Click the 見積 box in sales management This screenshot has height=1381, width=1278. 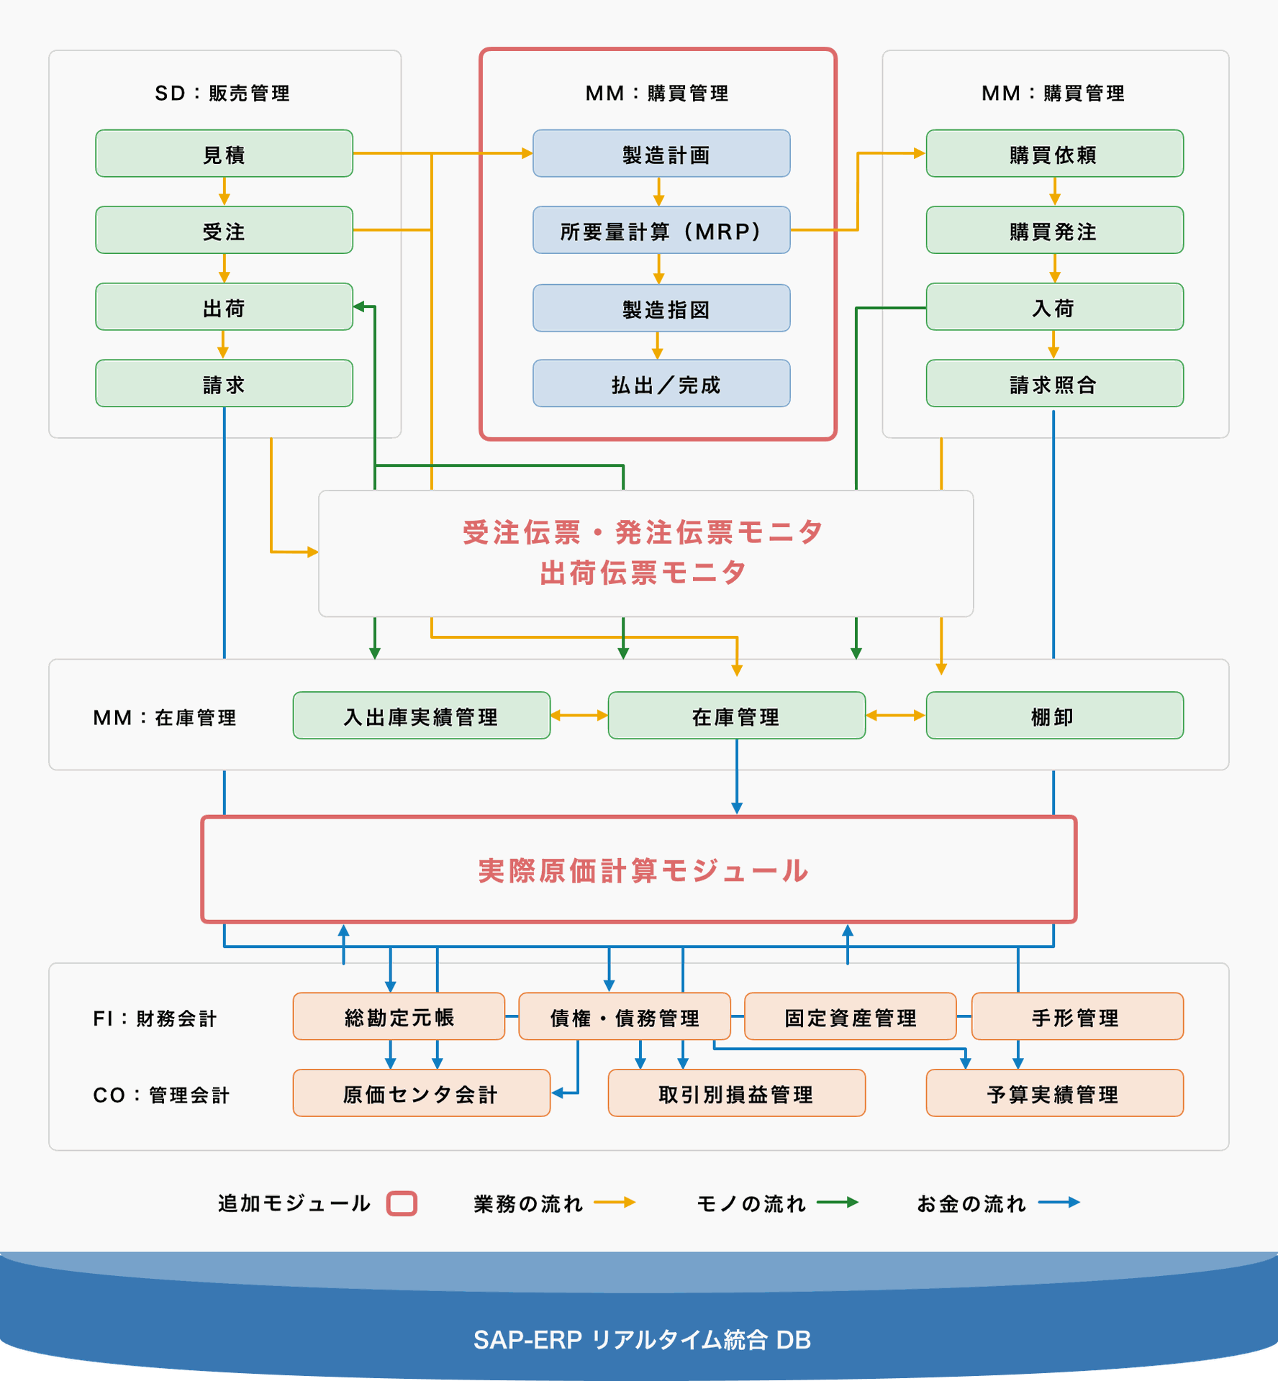click(224, 153)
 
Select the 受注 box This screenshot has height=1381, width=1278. click(224, 230)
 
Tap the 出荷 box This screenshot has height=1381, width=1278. click(224, 307)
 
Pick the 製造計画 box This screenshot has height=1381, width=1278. click(661, 153)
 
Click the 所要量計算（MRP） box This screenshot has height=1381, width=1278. click(661, 230)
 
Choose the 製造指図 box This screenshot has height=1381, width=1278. click(661, 308)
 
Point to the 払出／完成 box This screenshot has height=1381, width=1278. click(661, 383)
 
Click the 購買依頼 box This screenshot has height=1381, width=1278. click(1055, 153)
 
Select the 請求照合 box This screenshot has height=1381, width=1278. click(1055, 383)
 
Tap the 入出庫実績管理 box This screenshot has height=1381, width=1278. click(422, 716)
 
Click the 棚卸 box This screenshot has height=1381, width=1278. click(1055, 716)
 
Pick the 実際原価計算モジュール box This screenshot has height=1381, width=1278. click(639, 870)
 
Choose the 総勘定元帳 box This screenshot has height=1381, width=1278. click(399, 1016)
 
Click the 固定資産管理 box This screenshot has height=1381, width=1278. click(851, 1016)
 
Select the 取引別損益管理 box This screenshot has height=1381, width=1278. click(737, 1093)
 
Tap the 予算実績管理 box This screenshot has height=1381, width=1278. click(1055, 1093)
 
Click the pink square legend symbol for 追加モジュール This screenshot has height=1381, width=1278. click(402, 1203)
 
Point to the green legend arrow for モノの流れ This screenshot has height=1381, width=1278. click(838, 1202)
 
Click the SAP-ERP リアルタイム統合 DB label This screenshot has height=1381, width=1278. click(642, 1340)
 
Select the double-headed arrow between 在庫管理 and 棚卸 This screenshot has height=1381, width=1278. click(896, 716)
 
